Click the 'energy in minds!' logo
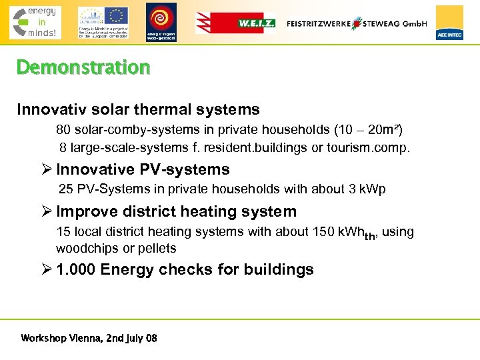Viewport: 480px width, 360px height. pyautogui.click(x=35, y=23)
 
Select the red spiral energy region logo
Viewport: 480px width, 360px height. pyautogui.click(x=161, y=21)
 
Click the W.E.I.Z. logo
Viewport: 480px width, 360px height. pyautogui.click(x=235, y=23)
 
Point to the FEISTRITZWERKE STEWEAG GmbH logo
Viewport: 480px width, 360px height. pyautogui.click(x=356, y=23)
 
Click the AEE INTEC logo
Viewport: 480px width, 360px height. pyautogui.click(x=449, y=23)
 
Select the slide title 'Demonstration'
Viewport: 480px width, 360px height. pyautogui.click(x=83, y=67)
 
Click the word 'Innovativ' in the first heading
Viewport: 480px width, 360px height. pyautogui.click(x=50, y=109)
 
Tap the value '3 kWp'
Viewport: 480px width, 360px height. pyautogui.click(x=367, y=189)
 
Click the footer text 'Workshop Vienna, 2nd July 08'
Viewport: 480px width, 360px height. pyautogui.click(x=89, y=338)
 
